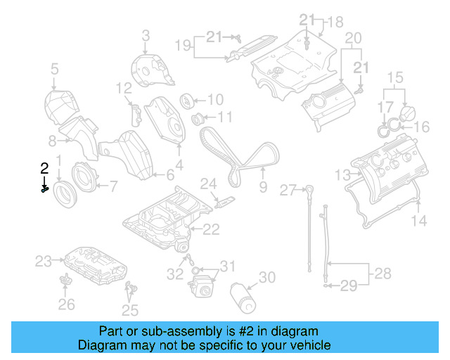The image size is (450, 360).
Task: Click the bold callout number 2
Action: point(44,167)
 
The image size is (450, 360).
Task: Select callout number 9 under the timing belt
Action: point(263,188)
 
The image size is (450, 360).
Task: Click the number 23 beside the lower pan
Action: point(44,262)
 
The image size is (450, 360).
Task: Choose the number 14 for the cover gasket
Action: point(419,221)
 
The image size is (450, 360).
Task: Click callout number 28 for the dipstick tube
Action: point(382,272)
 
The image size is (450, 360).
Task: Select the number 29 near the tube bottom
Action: point(349,285)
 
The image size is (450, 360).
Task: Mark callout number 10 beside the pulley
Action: point(214,99)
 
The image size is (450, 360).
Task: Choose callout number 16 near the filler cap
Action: point(421,127)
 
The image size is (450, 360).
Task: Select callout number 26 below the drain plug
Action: point(65,304)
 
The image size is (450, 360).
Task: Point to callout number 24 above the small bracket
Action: point(207,184)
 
